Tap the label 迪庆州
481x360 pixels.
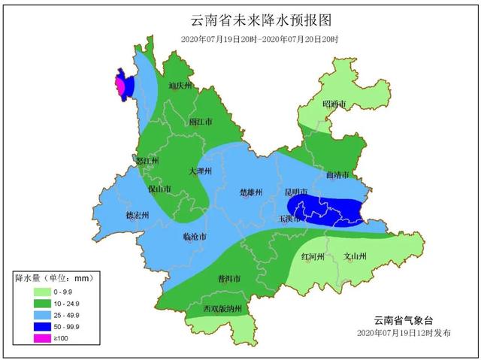pos(181,86)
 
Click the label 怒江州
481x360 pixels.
pos(146,160)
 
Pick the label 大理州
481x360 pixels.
pos(201,171)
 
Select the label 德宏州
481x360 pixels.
pos(137,216)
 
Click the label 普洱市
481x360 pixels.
pos(228,279)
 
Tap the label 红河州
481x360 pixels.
pos(313,257)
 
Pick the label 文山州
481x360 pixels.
pos(355,257)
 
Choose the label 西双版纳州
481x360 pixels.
pos(222,309)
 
